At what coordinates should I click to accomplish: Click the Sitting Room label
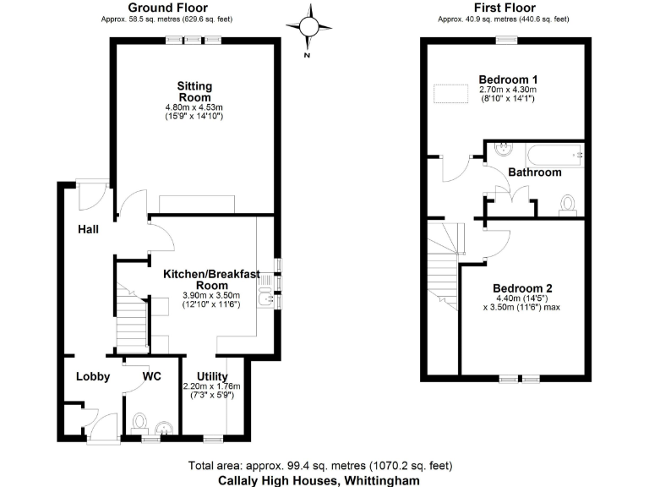[194, 91]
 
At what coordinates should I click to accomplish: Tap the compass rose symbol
[308, 28]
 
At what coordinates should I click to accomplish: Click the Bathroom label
[534, 172]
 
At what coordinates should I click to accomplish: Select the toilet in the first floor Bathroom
[568, 203]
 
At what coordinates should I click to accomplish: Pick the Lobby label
[93, 376]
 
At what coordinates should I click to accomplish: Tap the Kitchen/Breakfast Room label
[212, 280]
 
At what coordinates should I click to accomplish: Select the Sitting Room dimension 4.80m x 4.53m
[194, 107]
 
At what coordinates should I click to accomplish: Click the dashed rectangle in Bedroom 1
[450, 94]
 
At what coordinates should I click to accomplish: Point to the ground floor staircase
[130, 317]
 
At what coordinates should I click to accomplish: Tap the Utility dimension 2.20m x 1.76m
[211, 386]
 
